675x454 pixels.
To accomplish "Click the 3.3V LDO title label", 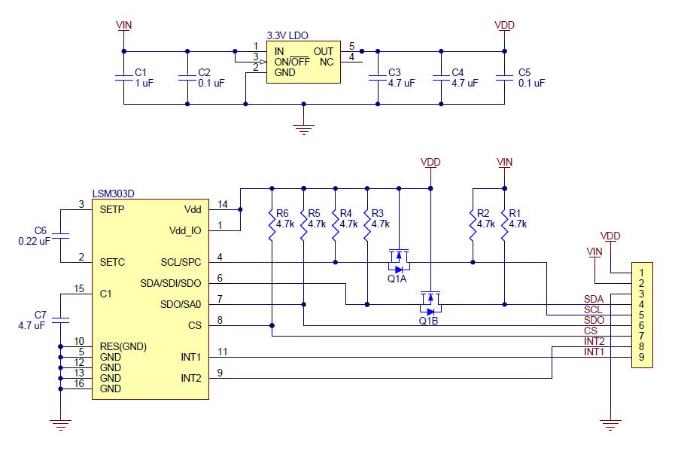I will (x=287, y=35).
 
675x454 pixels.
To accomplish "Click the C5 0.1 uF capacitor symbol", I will (x=503, y=78).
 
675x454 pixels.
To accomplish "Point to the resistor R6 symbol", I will (x=271, y=224).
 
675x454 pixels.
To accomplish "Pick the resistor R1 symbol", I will (x=504, y=224).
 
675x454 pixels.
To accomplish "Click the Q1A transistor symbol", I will (x=397, y=260).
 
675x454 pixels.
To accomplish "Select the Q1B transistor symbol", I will (x=430, y=302).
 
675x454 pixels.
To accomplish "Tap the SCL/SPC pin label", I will (x=181, y=263).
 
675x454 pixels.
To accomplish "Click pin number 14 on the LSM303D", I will (x=222, y=204).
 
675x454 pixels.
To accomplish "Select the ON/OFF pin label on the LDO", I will (x=291, y=62).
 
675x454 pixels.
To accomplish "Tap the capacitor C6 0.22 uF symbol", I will (x=61, y=236).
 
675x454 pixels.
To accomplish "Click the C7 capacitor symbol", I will (x=61, y=319).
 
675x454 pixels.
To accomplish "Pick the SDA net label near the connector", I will (x=593, y=299).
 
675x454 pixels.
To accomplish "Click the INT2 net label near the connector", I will (x=593, y=341).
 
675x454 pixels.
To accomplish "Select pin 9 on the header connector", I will (x=640, y=356).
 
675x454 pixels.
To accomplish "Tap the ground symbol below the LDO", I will (x=303, y=128).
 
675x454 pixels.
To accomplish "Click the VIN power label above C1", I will (x=123, y=25).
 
